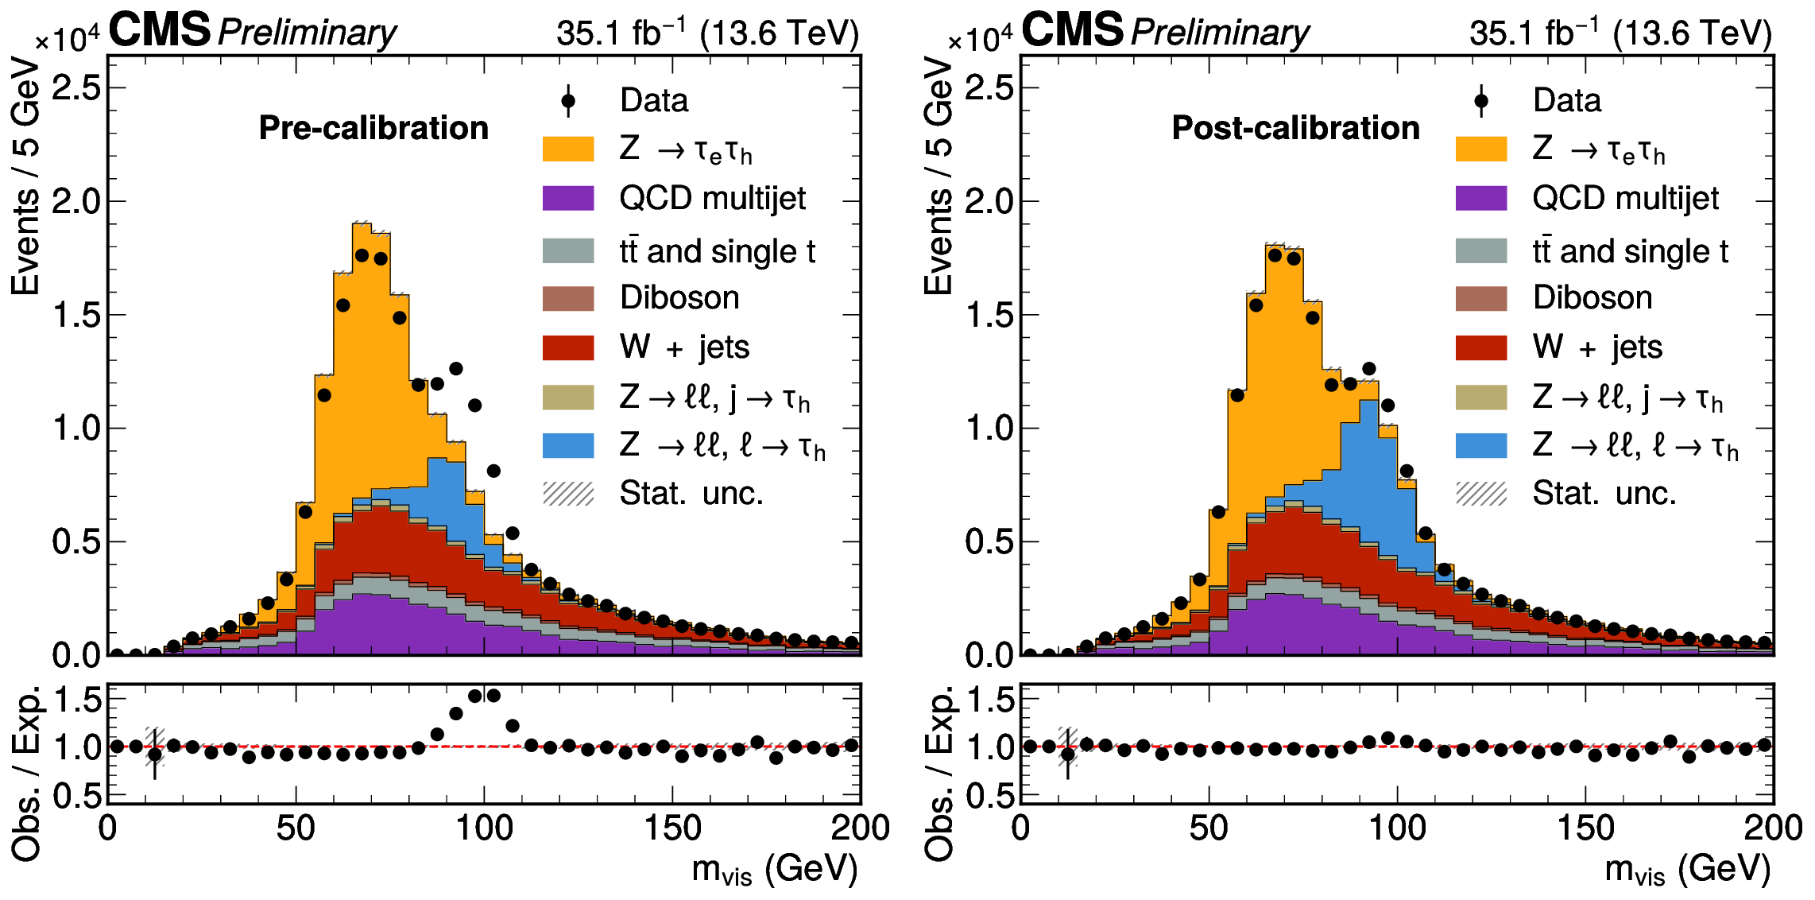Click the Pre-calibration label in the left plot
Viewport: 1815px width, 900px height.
click(x=373, y=128)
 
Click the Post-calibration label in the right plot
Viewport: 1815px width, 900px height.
click(x=1295, y=128)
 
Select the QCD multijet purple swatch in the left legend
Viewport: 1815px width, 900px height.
click(x=568, y=198)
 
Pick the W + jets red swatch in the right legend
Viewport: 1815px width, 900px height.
click(x=1481, y=347)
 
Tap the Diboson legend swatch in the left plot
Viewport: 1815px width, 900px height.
click(x=568, y=298)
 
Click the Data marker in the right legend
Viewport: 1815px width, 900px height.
click(x=1481, y=101)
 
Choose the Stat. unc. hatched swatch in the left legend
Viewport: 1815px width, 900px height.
click(x=568, y=494)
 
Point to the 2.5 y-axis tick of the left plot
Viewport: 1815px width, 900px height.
click(x=77, y=87)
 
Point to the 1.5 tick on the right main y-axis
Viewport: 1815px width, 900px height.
click(x=990, y=315)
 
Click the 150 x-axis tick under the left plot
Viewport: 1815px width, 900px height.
click(x=672, y=828)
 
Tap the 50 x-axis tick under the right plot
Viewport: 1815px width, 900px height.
click(x=1209, y=828)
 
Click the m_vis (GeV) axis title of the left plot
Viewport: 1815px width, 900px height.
click(x=775, y=870)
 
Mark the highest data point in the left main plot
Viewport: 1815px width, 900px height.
click(x=362, y=255)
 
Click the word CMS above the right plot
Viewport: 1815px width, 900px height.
click(x=1072, y=30)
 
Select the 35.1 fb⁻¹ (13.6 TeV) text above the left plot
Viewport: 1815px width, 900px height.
click(x=707, y=33)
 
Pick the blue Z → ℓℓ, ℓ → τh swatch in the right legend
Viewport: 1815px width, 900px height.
click(x=1481, y=445)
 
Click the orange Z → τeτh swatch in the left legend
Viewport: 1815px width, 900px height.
click(x=568, y=149)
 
